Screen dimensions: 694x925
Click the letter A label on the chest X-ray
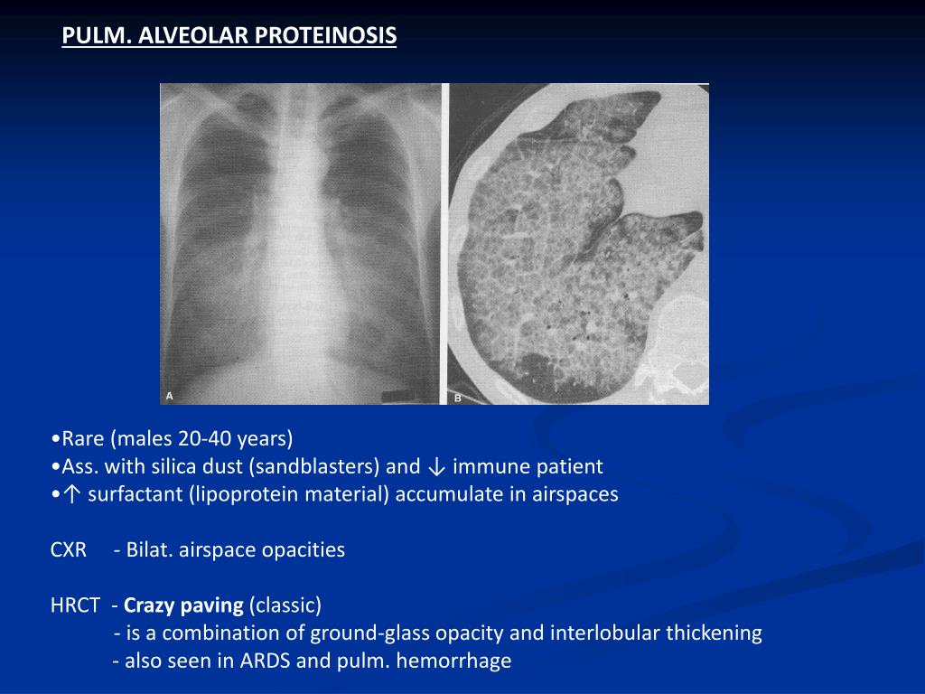pos(169,395)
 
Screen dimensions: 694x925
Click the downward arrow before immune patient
pos(436,467)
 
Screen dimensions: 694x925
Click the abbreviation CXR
pos(69,549)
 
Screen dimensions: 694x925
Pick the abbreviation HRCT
pos(75,605)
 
